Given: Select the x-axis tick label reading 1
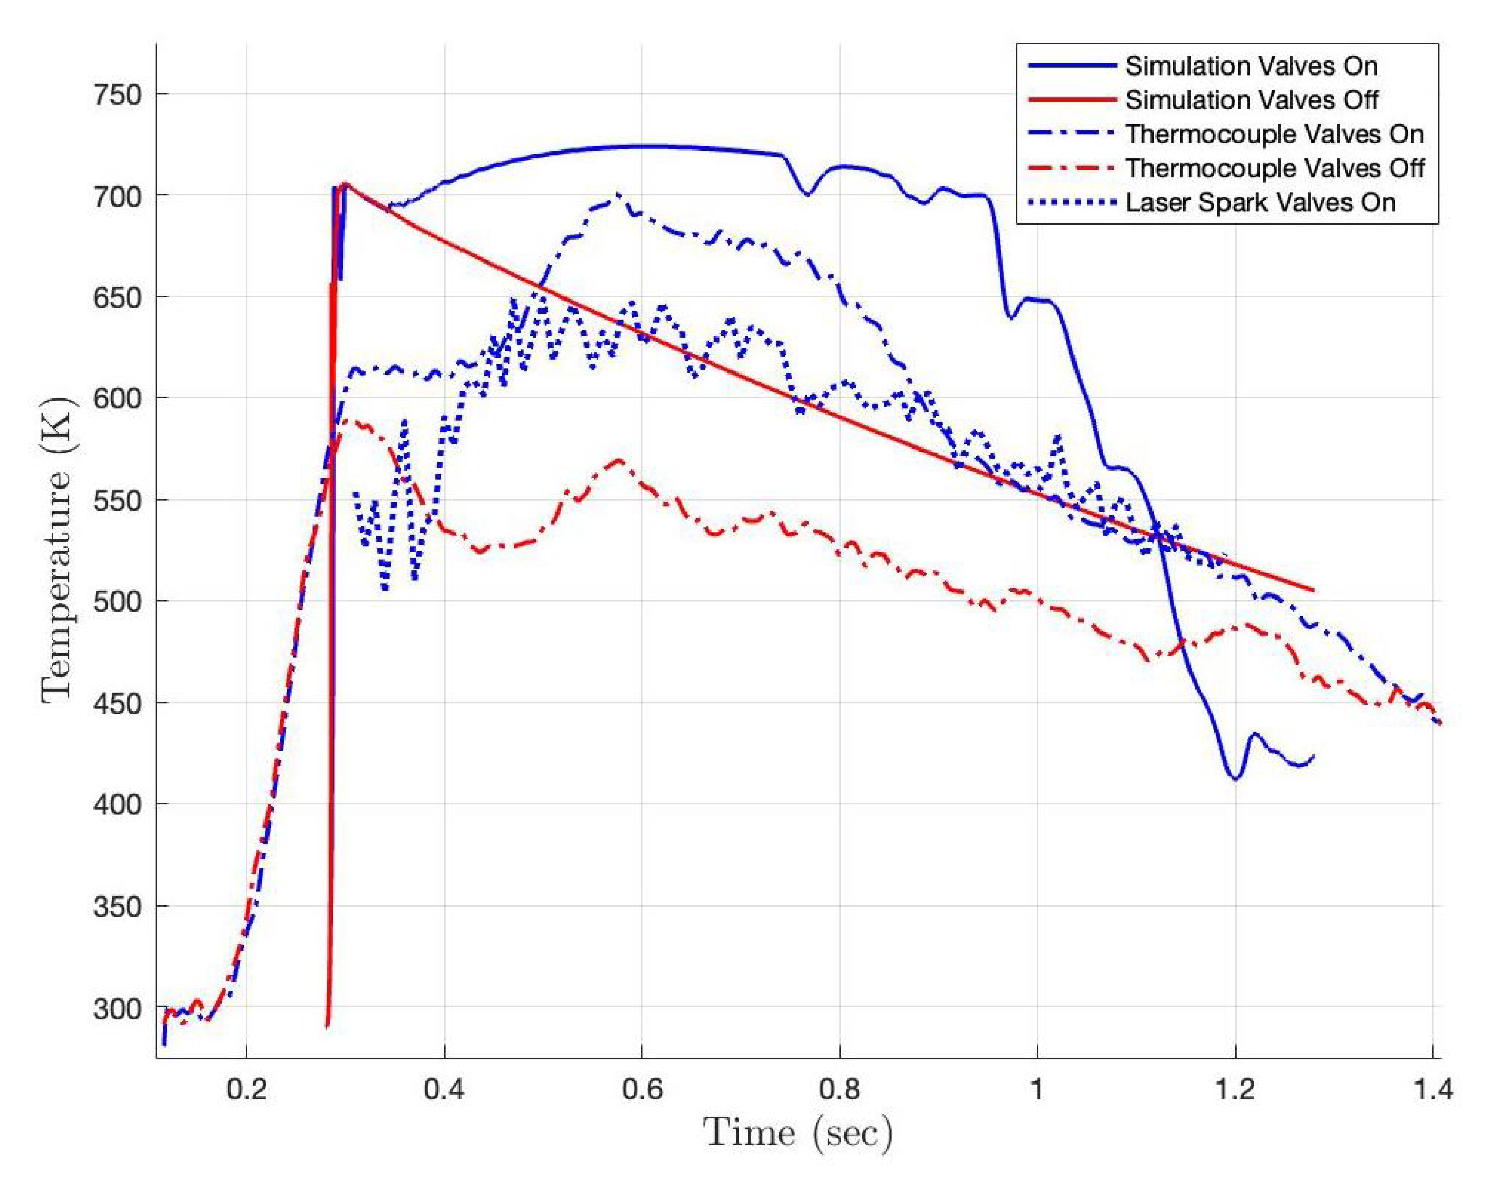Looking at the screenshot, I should point(1037,1089).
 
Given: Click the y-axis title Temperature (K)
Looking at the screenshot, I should point(57,549).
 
